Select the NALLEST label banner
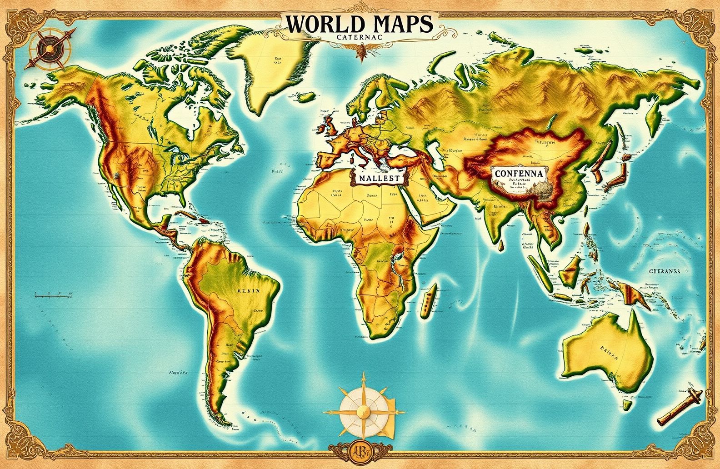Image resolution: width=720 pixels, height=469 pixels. coord(377,178)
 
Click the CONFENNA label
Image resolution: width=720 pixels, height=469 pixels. coord(517,173)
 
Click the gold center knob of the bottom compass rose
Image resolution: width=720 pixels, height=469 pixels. coord(363,411)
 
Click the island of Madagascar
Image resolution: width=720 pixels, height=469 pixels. coord(428,302)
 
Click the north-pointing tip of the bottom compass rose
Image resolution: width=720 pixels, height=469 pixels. coord(363,375)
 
